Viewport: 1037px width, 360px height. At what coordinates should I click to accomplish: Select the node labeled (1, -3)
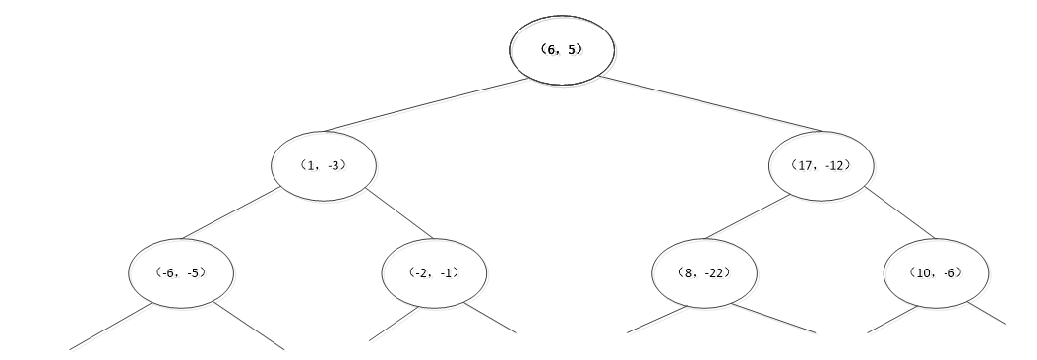pyautogui.click(x=324, y=165)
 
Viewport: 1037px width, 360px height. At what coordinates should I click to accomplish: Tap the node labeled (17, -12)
pyautogui.click(x=821, y=164)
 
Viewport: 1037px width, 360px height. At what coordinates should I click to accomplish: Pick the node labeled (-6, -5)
pyautogui.click(x=181, y=271)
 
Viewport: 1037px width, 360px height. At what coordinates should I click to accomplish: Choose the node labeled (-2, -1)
pyautogui.click(x=434, y=271)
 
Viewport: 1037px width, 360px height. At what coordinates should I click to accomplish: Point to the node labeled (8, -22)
pyautogui.click(x=703, y=271)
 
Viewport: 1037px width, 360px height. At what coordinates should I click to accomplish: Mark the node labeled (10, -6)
pyautogui.click(x=935, y=271)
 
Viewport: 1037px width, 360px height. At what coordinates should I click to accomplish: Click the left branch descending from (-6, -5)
pyautogui.click(x=110, y=327)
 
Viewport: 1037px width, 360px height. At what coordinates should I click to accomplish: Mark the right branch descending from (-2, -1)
pyautogui.click(x=490, y=318)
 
